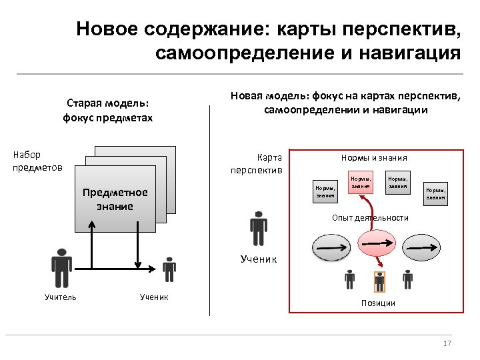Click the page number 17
click(447, 343)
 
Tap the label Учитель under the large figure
click(60, 297)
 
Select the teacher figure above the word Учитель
click(61, 267)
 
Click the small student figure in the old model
click(169, 269)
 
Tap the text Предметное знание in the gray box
click(115, 199)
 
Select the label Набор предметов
click(37, 161)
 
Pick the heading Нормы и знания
click(373, 158)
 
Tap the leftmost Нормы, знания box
click(325, 192)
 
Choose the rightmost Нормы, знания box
click(437, 193)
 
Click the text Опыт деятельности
click(370, 218)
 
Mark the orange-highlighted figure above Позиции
click(379, 281)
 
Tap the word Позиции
click(378, 303)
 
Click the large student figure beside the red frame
click(257, 228)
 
